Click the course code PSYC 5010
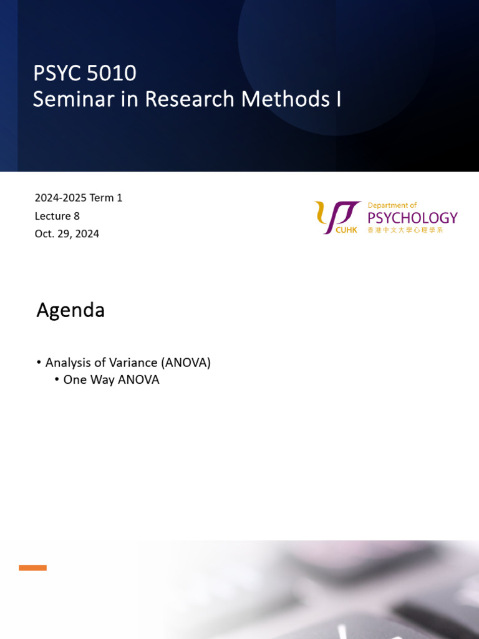click(x=85, y=74)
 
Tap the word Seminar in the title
click(x=71, y=99)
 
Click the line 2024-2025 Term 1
click(x=79, y=198)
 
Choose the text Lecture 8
click(x=57, y=216)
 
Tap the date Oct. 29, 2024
click(x=67, y=234)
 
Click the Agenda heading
click(x=70, y=310)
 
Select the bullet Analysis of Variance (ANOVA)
click(x=128, y=363)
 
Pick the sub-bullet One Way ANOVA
click(x=111, y=379)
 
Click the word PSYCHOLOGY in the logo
click(x=412, y=218)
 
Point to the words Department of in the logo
click(x=392, y=205)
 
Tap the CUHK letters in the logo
click(x=347, y=230)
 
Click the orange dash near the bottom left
click(x=32, y=568)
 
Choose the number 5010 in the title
click(x=112, y=74)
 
